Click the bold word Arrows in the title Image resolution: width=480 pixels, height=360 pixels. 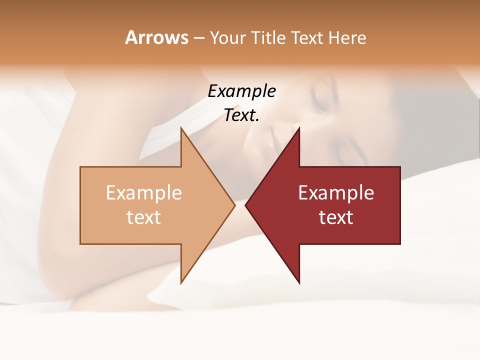click(x=156, y=37)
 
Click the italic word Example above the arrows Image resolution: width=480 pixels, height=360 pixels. click(x=241, y=91)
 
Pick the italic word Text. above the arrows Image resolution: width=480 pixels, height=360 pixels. click(x=241, y=115)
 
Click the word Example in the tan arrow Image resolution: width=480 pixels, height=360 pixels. click(x=144, y=192)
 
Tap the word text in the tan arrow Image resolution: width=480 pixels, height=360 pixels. click(x=144, y=217)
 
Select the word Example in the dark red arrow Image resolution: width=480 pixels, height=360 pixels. click(x=336, y=192)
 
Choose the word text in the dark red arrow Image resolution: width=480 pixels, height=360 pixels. click(x=336, y=217)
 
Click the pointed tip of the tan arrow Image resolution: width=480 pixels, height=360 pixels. click(x=234, y=205)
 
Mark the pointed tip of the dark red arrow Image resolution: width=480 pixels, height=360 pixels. click(x=245, y=205)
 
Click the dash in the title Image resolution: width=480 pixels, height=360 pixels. click(x=198, y=38)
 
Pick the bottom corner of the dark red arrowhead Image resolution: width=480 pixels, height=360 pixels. click(x=299, y=283)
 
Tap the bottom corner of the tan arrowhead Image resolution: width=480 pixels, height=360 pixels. click(x=181, y=283)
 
